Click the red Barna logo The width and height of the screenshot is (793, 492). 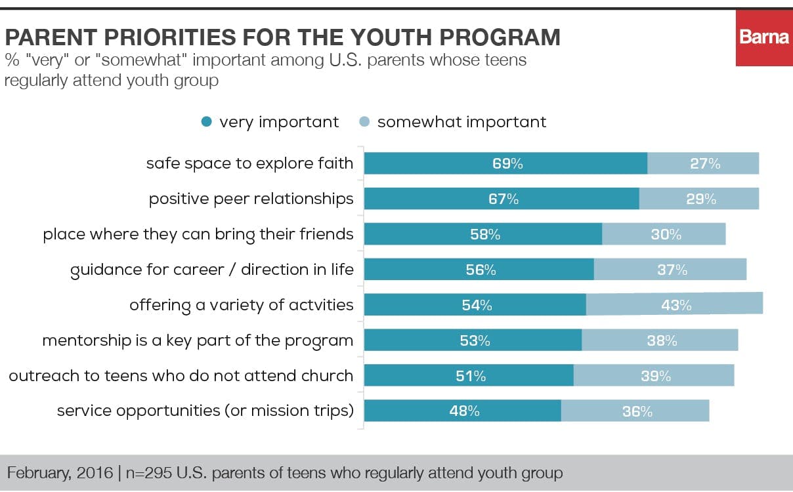[764, 38]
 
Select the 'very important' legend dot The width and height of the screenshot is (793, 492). [207, 122]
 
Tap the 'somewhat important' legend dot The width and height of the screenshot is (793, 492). [365, 122]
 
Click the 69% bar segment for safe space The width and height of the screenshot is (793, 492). [505, 163]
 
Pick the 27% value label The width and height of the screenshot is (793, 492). [705, 164]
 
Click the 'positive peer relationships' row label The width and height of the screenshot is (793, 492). [251, 199]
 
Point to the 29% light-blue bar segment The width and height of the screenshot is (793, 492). [699, 199]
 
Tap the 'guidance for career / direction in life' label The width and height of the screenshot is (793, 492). [211, 270]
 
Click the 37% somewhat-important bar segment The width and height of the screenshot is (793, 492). [670, 270]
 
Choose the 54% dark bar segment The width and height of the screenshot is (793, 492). [475, 305]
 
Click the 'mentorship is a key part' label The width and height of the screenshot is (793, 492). [198, 340]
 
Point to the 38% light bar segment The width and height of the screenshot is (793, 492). [660, 340]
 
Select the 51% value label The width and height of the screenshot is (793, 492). [471, 376]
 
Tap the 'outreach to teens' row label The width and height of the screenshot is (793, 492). [181, 376]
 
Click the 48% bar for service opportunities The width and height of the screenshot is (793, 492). [462, 411]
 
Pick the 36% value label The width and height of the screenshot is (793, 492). [637, 412]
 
